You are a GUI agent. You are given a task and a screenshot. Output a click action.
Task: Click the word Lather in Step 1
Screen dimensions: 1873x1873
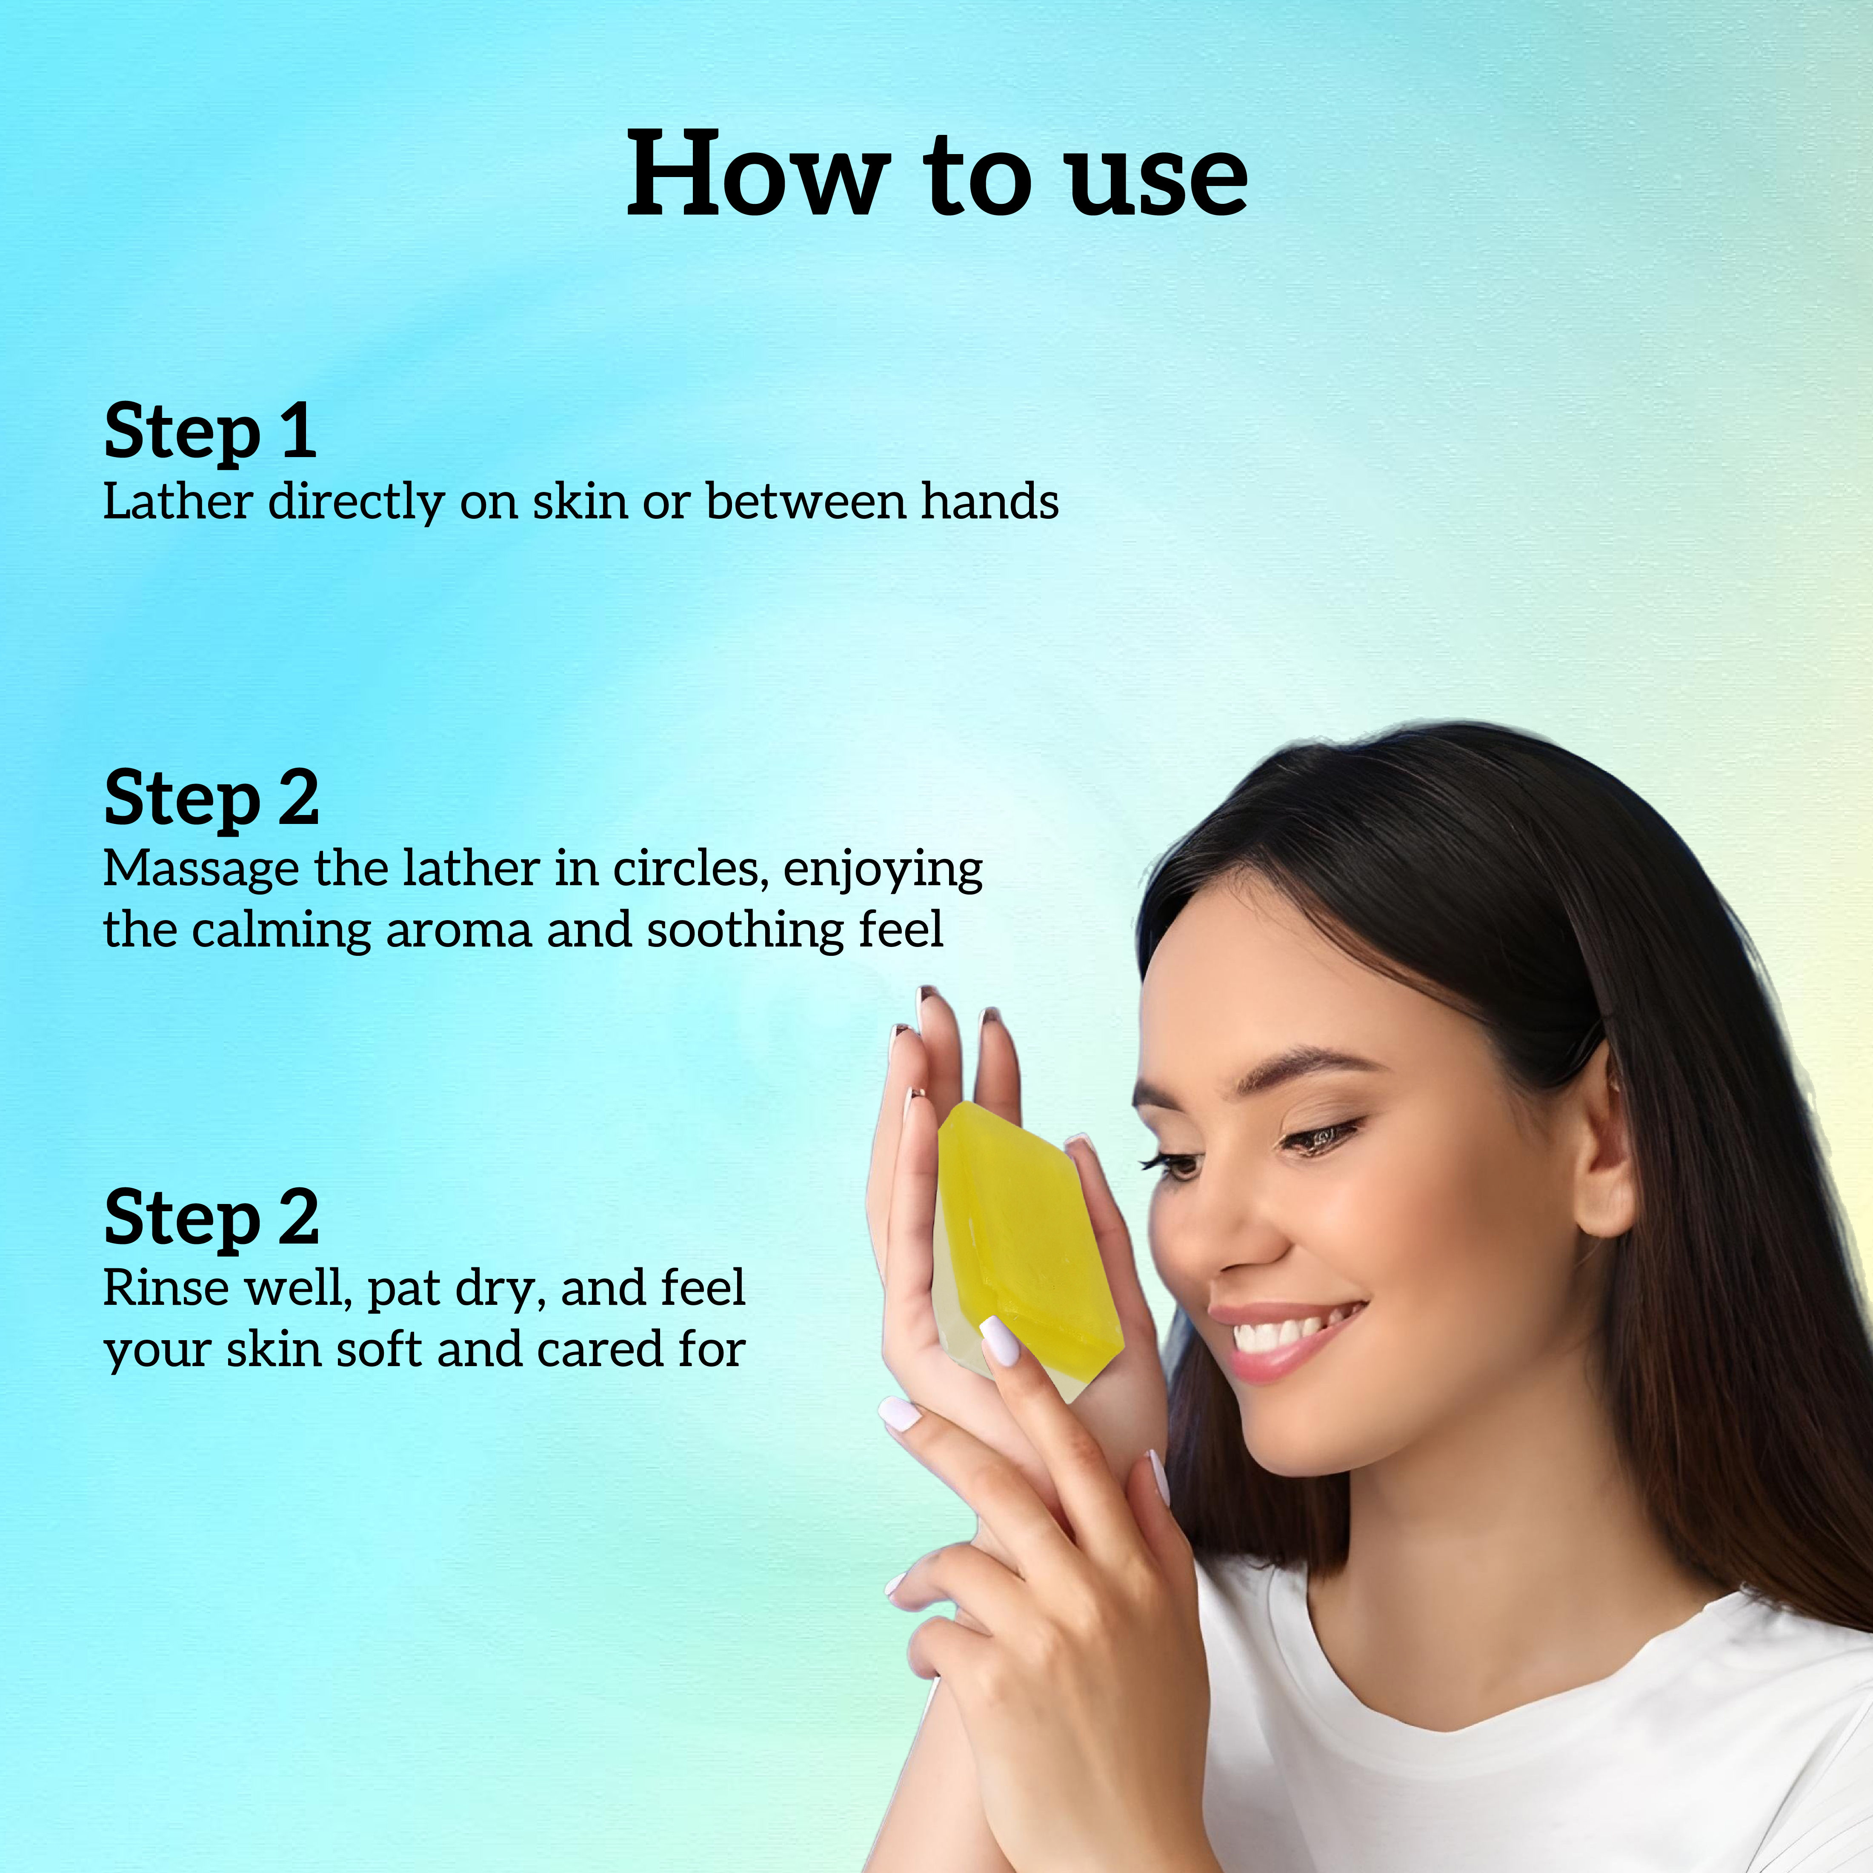[177, 502]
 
